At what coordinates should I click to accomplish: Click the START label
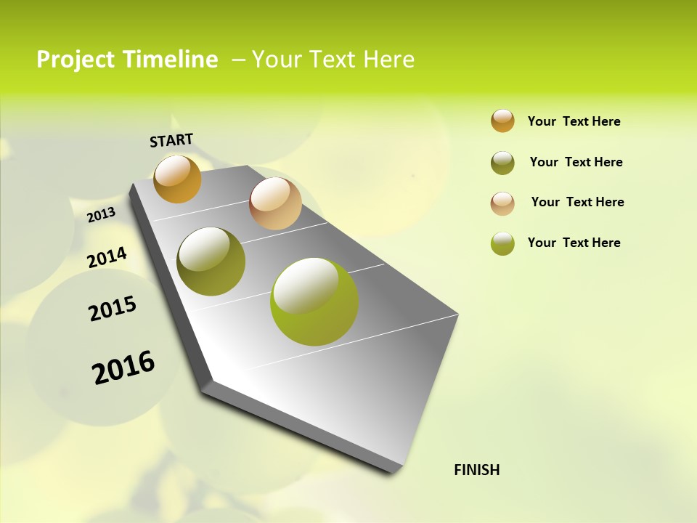(171, 140)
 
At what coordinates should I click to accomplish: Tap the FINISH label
(476, 470)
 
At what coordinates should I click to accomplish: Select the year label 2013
(102, 214)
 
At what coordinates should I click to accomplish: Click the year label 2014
(107, 257)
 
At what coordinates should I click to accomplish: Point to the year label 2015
(113, 309)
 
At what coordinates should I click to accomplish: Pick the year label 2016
(123, 367)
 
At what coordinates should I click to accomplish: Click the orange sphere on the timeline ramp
(177, 179)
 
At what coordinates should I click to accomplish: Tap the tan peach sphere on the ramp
(275, 203)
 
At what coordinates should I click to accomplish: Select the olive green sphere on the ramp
(211, 261)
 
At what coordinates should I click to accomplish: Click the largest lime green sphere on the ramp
(314, 301)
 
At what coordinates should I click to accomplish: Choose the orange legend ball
(502, 121)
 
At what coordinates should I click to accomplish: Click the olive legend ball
(502, 163)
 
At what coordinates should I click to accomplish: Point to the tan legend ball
(502, 203)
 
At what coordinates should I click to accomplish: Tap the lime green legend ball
(502, 243)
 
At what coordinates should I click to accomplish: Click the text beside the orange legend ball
(574, 121)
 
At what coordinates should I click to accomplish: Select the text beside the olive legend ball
(576, 162)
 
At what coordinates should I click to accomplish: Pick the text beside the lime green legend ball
(574, 243)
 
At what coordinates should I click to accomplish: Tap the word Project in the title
(74, 60)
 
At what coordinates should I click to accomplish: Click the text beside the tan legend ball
(577, 202)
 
